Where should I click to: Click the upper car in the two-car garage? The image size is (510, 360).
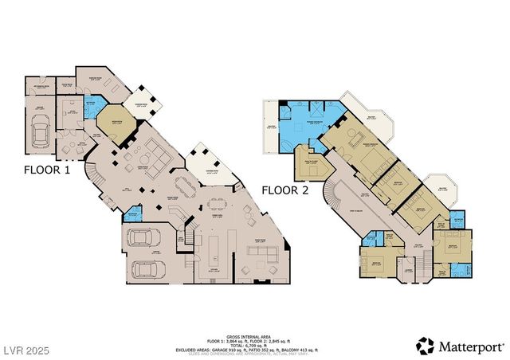pos(143,237)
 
